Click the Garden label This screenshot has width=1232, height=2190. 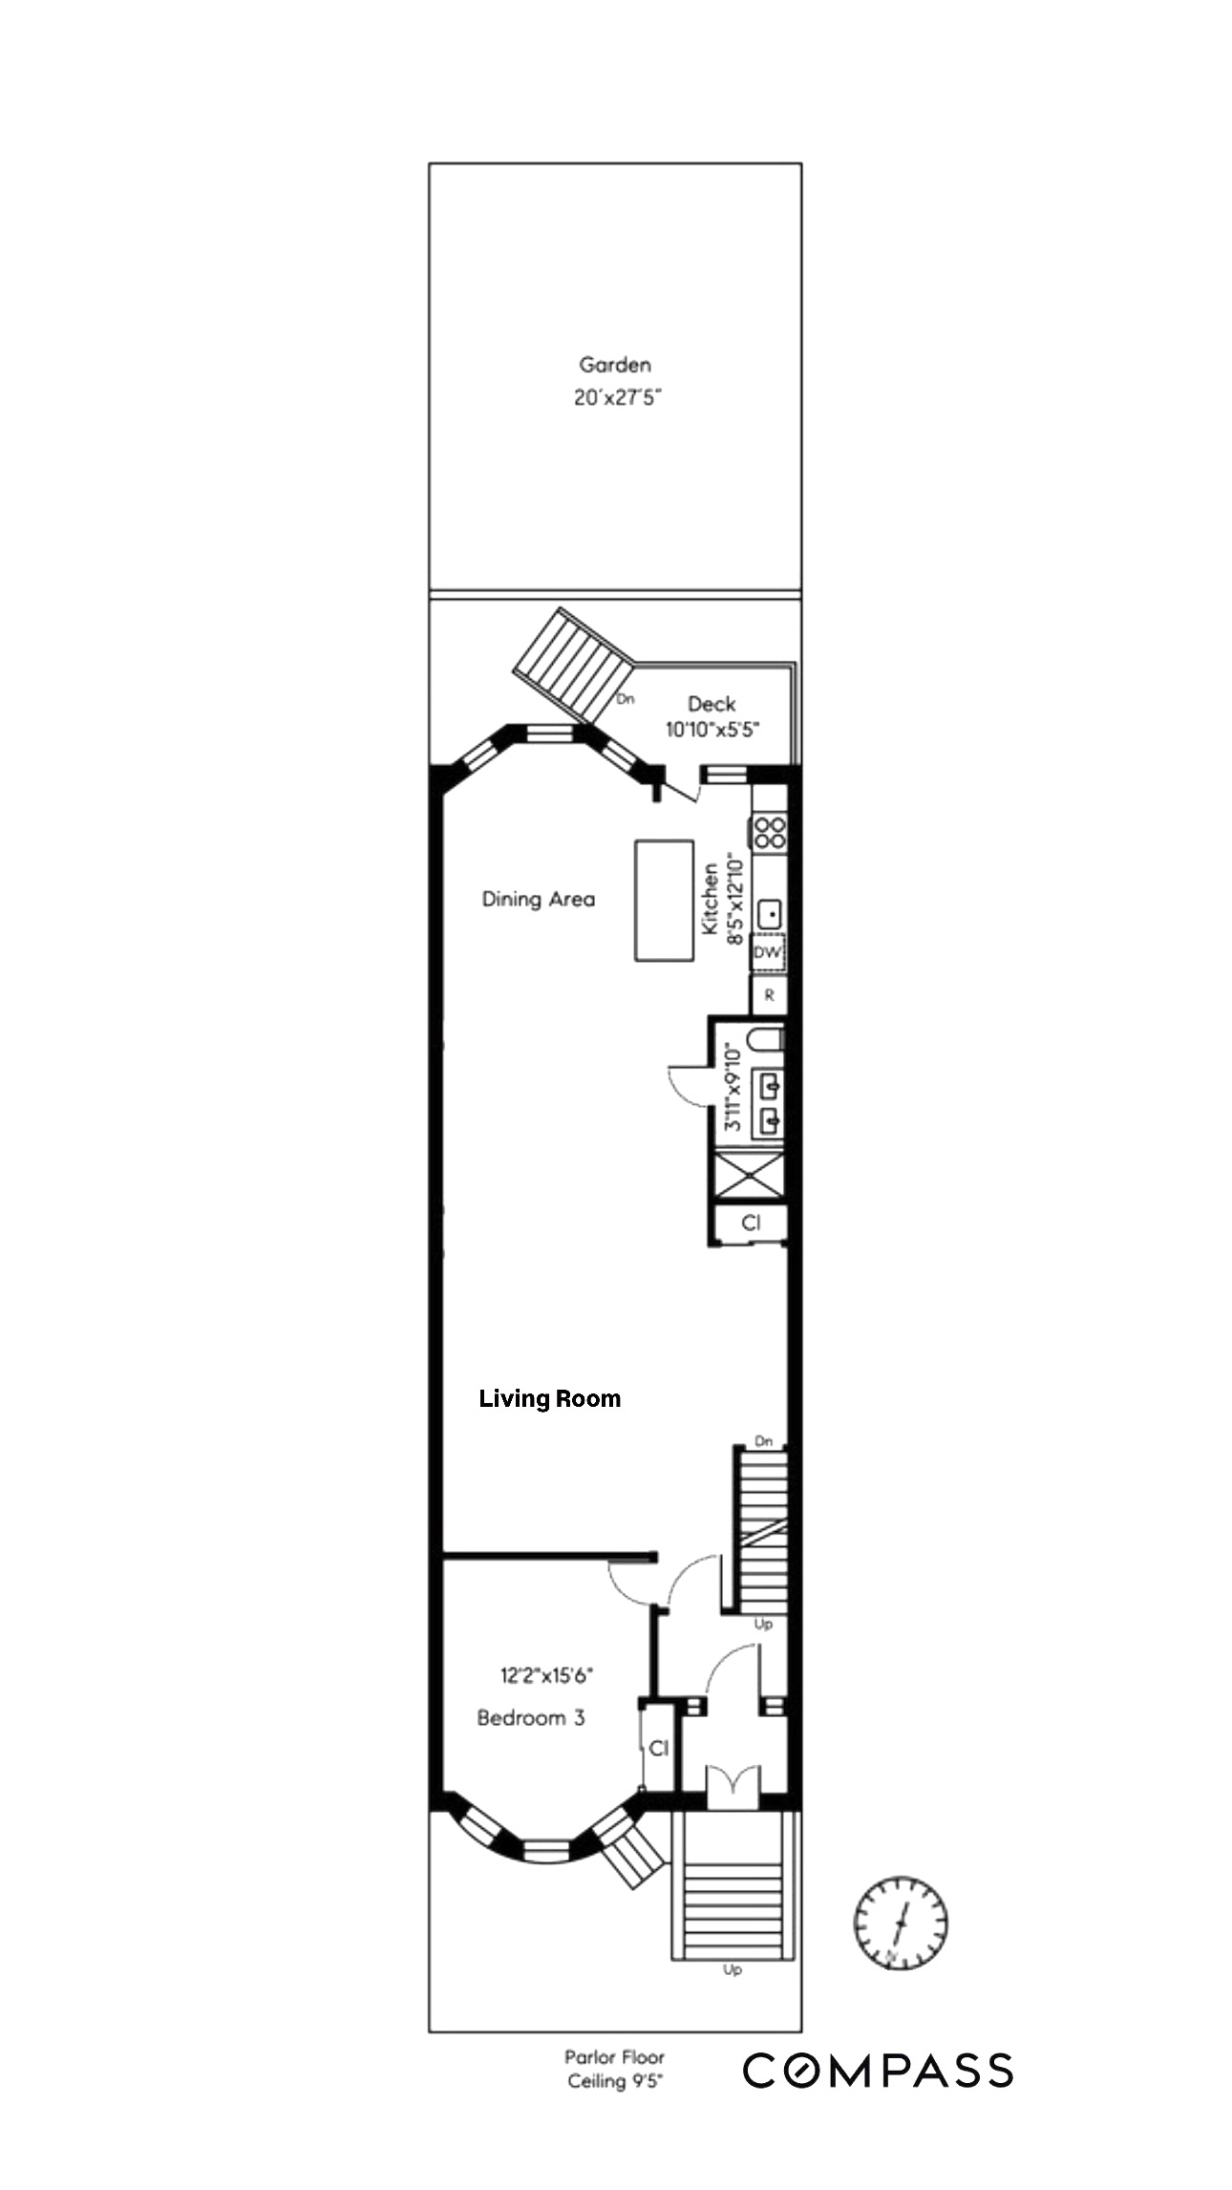click(615, 364)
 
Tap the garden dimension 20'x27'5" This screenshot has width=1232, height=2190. click(617, 397)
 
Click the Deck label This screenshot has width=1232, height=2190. click(712, 704)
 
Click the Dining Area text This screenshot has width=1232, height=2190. click(538, 899)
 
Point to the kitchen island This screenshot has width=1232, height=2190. click(665, 900)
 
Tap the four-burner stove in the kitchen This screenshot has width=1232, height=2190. click(770, 833)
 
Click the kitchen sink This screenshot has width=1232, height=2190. click(771, 914)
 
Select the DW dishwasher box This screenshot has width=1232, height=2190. click(768, 952)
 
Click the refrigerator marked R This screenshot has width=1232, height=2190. click(769, 995)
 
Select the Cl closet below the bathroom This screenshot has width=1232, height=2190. click(752, 1223)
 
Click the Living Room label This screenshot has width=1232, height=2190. click(550, 1399)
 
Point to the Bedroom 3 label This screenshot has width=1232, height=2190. click(530, 1718)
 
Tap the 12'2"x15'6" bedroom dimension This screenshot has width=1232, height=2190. click(547, 1674)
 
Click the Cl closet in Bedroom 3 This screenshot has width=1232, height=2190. click(658, 1748)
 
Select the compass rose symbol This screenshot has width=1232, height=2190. click(900, 1922)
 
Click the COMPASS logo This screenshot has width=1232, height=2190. click(878, 2071)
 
